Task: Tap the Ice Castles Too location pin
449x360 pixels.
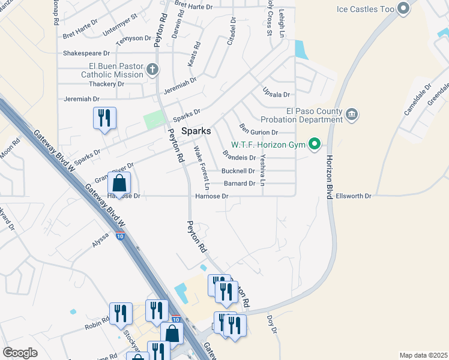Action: (x=403, y=8)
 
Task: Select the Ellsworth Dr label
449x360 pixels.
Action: (x=354, y=196)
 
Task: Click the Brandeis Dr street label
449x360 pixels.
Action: (x=239, y=157)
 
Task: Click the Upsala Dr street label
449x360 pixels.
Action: (x=276, y=94)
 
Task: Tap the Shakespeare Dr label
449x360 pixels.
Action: (x=86, y=53)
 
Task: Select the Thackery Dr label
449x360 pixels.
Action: (x=103, y=84)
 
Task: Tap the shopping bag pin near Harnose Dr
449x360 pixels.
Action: (x=119, y=183)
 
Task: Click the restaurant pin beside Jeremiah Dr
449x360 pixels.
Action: (x=104, y=118)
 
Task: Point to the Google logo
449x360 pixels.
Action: (x=20, y=353)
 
